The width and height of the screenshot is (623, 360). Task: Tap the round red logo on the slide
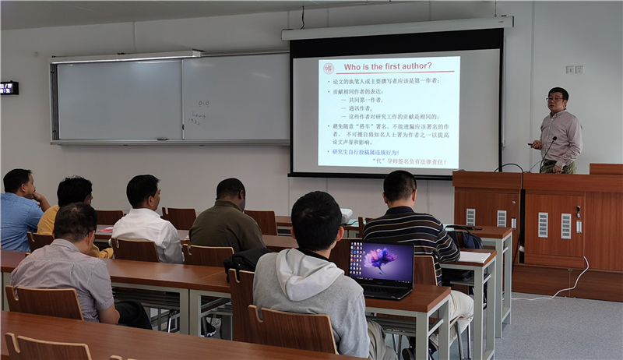pyautogui.click(x=329, y=68)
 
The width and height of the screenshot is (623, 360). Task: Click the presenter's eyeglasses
pyautogui.click(x=555, y=99)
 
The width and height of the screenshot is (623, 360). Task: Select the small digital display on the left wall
pyautogui.click(x=9, y=88)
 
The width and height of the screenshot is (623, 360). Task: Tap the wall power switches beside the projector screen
pyautogui.click(x=574, y=69)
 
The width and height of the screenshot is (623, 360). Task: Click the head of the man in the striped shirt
pyautogui.click(x=399, y=188)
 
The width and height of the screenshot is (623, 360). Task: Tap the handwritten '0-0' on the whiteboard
pyautogui.click(x=203, y=103)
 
